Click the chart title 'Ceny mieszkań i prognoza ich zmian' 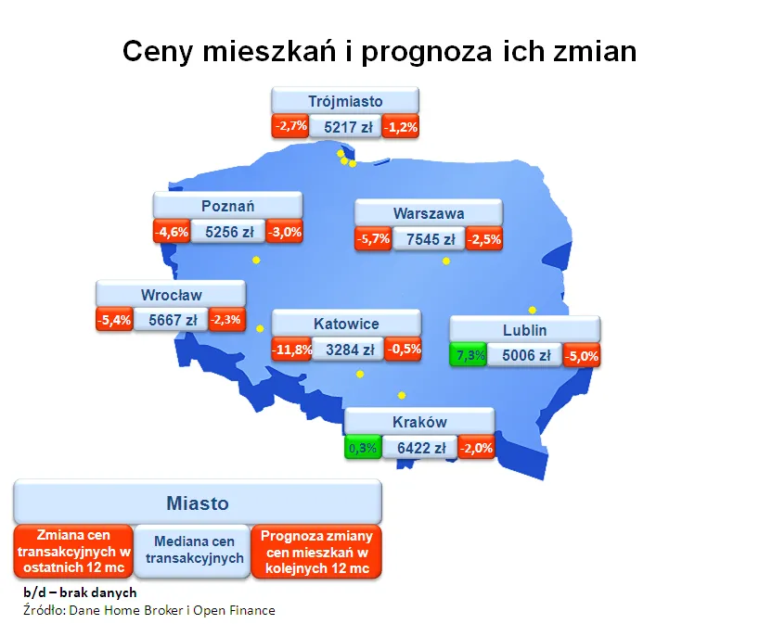click(379, 51)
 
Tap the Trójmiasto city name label click(345, 101)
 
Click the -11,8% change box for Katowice click(289, 350)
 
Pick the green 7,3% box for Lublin click(467, 354)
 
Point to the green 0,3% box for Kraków click(362, 448)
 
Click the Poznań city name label click(227, 206)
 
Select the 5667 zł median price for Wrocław click(170, 321)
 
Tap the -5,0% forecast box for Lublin click(583, 354)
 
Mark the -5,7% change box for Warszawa click(373, 239)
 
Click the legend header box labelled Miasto click(198, 503)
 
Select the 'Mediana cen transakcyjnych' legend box click(194, 551)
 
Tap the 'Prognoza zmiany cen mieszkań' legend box click(316, 551)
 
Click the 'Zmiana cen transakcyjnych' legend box click(73, 551)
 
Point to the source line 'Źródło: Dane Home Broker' click(149, 610)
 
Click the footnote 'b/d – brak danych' click(80, 592)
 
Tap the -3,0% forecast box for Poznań click(284, 232)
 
